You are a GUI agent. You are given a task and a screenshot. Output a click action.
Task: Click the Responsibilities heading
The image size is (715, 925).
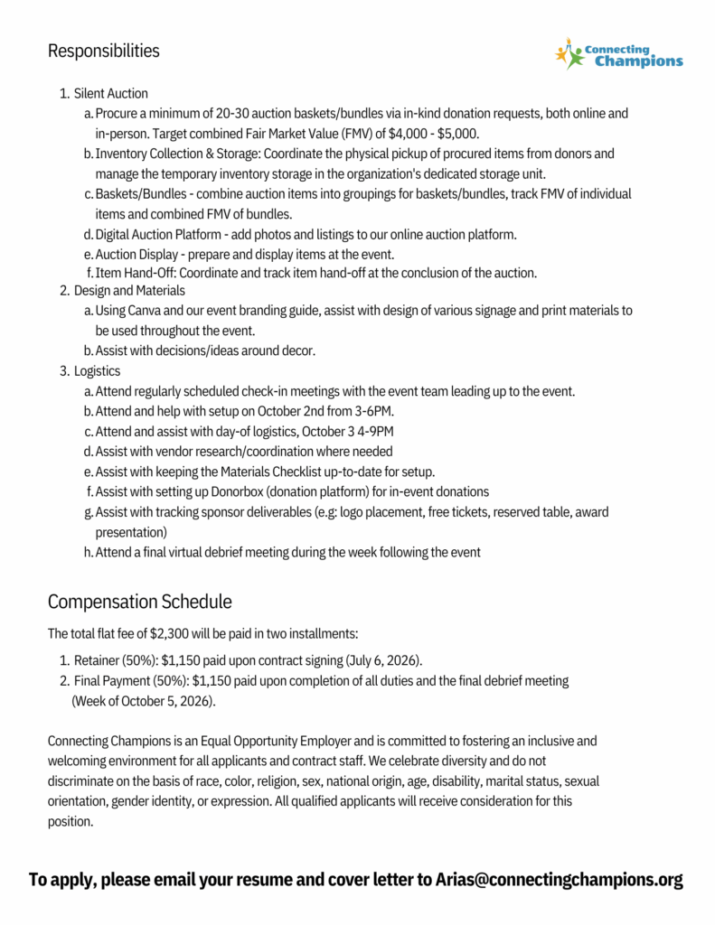[x=103, y=51]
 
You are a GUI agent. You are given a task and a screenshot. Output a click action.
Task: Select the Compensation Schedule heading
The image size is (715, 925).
[x=139, y=602]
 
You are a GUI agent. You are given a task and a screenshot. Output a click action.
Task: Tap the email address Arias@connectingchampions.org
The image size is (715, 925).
[x=559, y=879]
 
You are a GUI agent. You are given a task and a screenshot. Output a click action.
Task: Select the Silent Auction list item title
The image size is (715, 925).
[x=110, y=94]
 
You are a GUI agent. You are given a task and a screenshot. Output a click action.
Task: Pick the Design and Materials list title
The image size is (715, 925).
[x=129, y=291]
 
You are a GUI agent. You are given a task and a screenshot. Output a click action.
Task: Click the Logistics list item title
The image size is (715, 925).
[x=97, y=371]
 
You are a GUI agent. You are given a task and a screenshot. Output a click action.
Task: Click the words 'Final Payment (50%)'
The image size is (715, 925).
[x=130, y=681]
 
